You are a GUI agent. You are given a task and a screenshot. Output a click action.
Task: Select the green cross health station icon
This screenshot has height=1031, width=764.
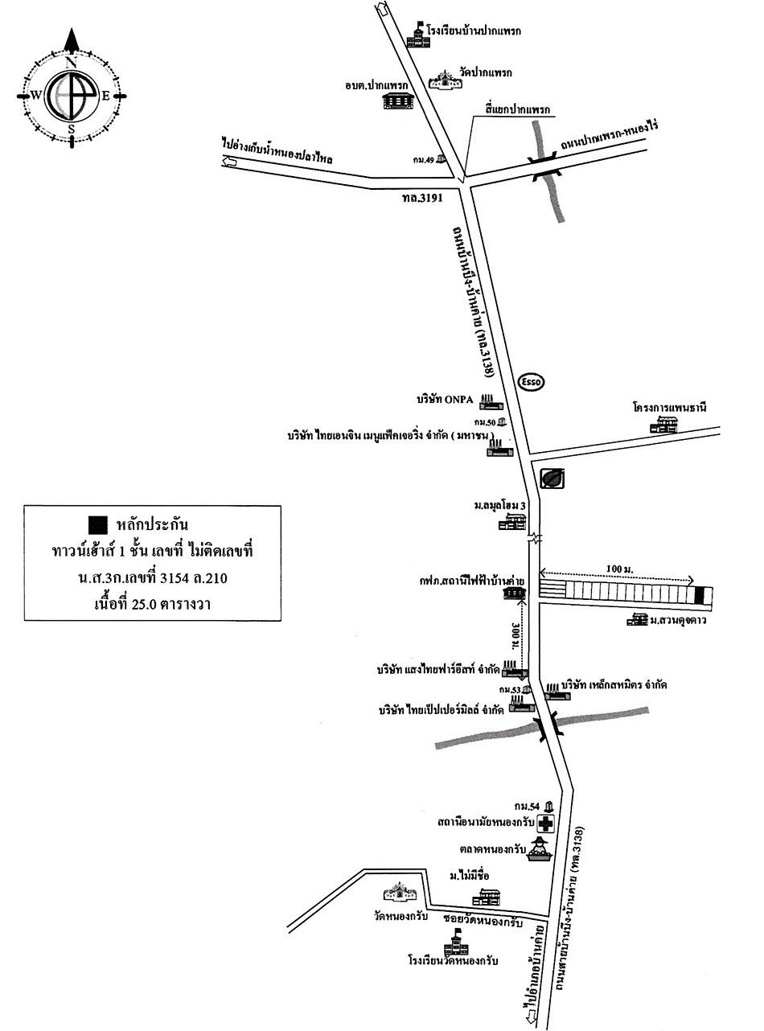(x=546, y=824)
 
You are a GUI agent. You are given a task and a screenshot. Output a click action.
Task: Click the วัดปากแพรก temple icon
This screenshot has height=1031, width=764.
(x=444, y=79)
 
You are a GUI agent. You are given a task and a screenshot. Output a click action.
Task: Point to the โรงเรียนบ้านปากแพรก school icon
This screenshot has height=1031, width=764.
(x=417, y=35)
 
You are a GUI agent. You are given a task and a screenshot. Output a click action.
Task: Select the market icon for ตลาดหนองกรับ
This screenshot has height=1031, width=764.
(x=540, y=849)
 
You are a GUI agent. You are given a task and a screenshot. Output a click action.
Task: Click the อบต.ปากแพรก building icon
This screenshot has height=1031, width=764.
(x=396, y=101)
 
